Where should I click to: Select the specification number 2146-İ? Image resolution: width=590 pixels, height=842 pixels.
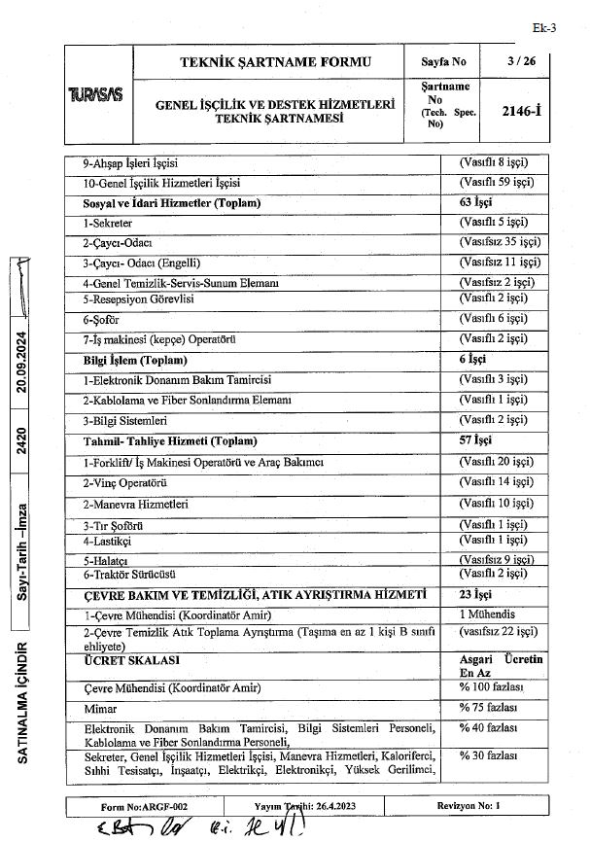(526, 111)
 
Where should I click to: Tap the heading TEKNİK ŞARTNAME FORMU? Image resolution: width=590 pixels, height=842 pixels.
(276, 61)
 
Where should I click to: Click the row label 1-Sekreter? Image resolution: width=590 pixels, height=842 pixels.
(108, 223)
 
